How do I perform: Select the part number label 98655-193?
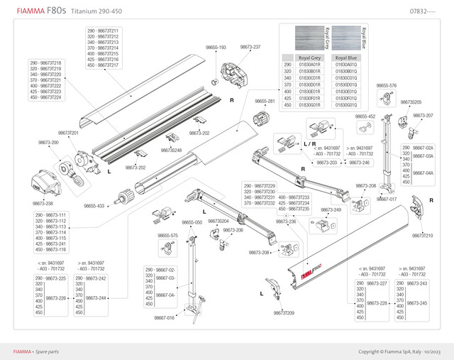coord(215,48)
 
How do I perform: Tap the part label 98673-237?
coord(250,47)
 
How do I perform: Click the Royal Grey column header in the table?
coord(309,57)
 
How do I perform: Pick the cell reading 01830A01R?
coord(309,65)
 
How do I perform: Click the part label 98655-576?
coord(387,85)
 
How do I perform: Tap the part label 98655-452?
coord(365,116)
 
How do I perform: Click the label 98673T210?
coord(423,235)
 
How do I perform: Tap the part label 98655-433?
coord(94,205)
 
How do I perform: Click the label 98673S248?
coord(171,150)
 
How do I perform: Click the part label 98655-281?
coord(264,102)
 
